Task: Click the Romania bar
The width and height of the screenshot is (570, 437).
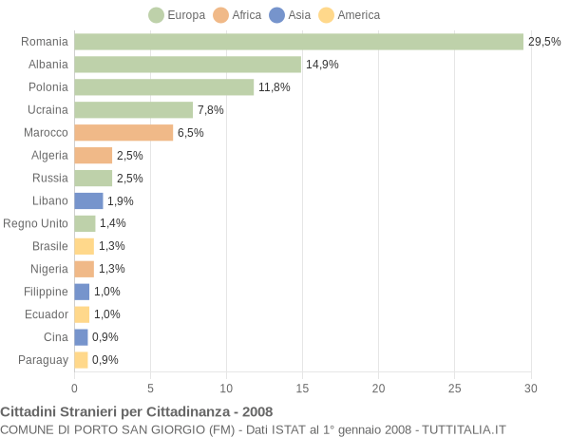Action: pyautogui.click(x=298, y=42)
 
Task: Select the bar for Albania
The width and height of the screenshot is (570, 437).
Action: pyautogui.click(x=187, y=65)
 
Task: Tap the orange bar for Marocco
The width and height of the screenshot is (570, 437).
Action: pyautogui.click(x=123, y=133)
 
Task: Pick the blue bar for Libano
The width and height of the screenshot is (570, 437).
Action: pyautogui.click(x=88, y=201)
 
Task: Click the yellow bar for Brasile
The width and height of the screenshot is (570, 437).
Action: pyautogui.click(x=84, y=246)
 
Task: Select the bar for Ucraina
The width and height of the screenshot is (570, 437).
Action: pyautogui.click(x=133, y=110)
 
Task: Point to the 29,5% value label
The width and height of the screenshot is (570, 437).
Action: pyautogui.click(x=544, y=42)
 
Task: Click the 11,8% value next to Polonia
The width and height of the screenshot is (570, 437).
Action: pyautogui.click(x=274, y=87)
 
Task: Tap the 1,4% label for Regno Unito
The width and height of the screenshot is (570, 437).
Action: pyautogui.click(x=112, y=223)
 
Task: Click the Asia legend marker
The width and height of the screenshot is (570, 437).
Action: pyautogui.click(x=276, y=15)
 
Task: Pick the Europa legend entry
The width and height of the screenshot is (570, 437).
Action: pyautogui.click(x=178, y=15)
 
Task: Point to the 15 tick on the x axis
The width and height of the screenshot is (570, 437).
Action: pyautogui.click(x=302, y=388)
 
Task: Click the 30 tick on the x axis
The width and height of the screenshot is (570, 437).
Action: pyautogui.click(x=530, y=388)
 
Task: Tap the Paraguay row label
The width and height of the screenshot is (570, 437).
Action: pyautogui.click(x=43, y=360)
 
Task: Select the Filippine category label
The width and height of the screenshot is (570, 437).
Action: pyautogui.click(x=46, y=292)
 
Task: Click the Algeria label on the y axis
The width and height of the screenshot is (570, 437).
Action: pyautogui.click(x=49, y=156)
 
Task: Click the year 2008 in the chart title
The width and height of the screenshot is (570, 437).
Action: pyautogui.click(x=256, y=411)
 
